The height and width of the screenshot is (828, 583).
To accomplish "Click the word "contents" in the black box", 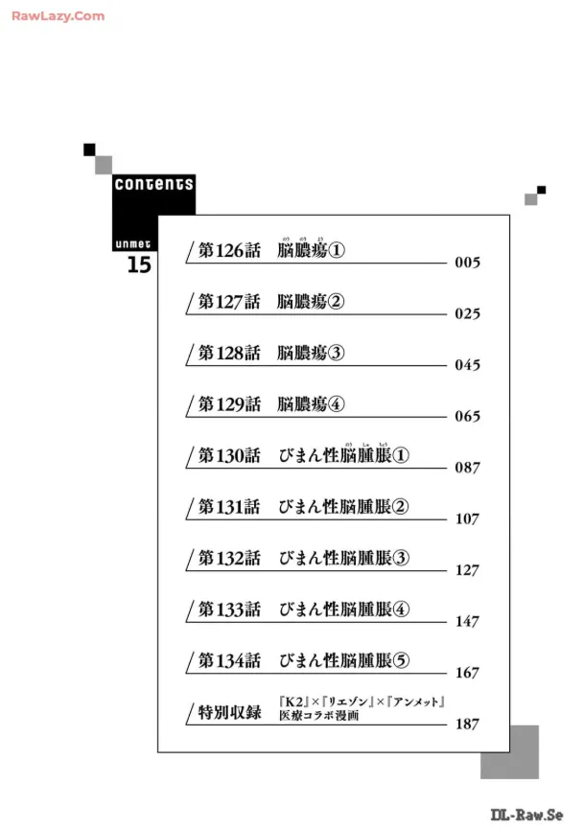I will (153, 184).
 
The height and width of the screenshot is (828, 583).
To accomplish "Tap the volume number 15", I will (139, 266).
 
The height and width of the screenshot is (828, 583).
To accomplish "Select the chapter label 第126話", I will (229, 250).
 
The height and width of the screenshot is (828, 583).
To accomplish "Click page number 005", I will (467, 263).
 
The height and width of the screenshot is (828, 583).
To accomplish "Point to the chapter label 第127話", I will (229, 302).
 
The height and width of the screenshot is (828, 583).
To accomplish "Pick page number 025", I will (467, 314).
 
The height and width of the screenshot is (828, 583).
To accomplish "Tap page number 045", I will (467, 365).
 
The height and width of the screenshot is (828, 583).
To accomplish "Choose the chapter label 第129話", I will (229, 404).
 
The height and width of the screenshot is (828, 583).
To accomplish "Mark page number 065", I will (467, 417).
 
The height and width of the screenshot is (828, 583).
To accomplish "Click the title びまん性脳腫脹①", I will (343, 456).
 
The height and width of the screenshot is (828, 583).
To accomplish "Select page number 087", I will (467, 469).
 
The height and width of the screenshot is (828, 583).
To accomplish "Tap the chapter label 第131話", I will (229, 507).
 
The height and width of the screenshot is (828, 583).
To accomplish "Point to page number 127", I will (467, 570).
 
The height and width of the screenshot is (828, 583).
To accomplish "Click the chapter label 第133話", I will (229, 609).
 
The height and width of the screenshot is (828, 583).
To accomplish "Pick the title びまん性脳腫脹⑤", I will (343, 660).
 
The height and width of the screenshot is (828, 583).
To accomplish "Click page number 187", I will (467, 724).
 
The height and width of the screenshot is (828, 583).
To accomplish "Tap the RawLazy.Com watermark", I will (58, 16).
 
